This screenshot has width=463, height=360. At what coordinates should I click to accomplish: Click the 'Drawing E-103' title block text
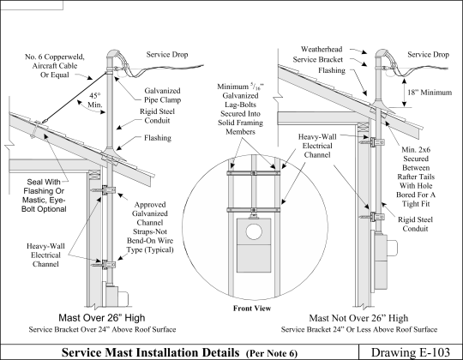pyautogui.click(x=411, y=352)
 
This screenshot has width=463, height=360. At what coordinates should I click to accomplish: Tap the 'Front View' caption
pyautogui.click(x=252, y=309)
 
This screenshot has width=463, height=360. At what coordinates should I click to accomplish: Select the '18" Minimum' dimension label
pyautogui.click(x=430, y=93)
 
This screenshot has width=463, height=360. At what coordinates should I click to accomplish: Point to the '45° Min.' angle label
pyautogui.click(x=95, y=100)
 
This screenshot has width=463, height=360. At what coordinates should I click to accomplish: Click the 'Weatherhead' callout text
pyautogui.click(x=322, y=49)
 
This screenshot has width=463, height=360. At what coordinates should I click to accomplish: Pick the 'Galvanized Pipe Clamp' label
pyautogui.click(x=162, y=95)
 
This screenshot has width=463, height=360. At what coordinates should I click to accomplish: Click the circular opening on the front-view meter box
pyautogui.click(x=254, y=231)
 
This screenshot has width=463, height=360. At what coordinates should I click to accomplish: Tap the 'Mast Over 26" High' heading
pyautogui.click(x=102, y=318)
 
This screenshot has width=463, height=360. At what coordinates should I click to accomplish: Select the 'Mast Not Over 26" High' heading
pyautogui.click(x=358, y=318)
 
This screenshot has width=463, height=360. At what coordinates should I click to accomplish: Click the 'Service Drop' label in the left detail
pyautogui.click(x=167, y=54)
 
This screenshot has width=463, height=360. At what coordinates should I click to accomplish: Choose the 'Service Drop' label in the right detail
pyautogui.click(x=428, y=54)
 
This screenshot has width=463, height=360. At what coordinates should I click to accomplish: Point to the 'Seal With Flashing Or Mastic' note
pyautogui.click(x=44, y=195)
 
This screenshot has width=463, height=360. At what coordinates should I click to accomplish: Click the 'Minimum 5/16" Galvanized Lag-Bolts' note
pyautogui.click(x=240, y=109)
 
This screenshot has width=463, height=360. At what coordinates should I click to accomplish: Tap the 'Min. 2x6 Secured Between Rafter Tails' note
pyautogui.click(x=416, y=177)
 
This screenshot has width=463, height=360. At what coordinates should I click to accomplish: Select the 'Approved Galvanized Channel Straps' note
pyautogui.click(x=150, y=227)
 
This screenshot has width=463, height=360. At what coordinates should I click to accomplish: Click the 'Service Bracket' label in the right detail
pyautogui.click(x=318, y=60)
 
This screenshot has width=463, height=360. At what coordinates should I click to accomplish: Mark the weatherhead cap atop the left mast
pyautogui.click(x=114, y=55)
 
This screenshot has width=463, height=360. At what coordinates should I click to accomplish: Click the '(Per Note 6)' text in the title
pyautogui.click(x=272, y=353)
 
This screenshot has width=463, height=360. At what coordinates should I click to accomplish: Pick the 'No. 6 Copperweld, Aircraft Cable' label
pyautogui.click(x=55, y=65)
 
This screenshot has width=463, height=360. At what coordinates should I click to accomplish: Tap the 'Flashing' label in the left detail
pyautogui.click(x=158, y=138)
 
